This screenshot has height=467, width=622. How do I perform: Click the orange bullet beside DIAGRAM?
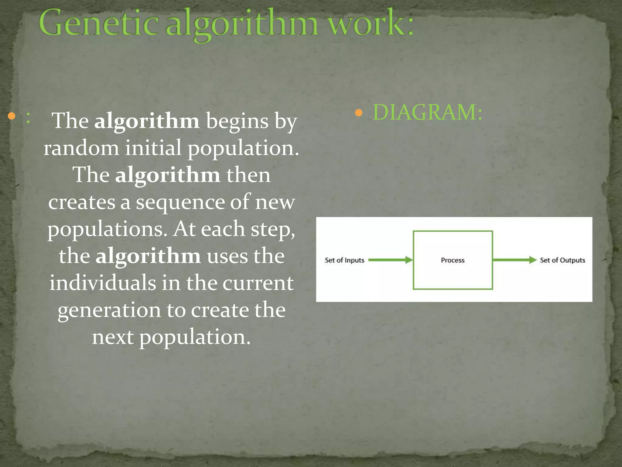coord(359,113)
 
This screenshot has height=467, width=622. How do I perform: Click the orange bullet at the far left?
coord(12,116)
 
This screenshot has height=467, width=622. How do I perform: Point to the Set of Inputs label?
coord(344,260)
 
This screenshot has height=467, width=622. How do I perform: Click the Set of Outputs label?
coord(562,260)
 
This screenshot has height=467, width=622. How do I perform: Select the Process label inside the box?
coord(453,260)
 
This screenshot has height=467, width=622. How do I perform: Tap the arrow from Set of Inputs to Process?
coord(390,260)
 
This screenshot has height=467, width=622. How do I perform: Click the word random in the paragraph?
coord(81,148)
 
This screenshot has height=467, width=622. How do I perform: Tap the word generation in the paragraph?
coord(109,310)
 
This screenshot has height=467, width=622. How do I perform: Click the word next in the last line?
coord(113,337)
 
